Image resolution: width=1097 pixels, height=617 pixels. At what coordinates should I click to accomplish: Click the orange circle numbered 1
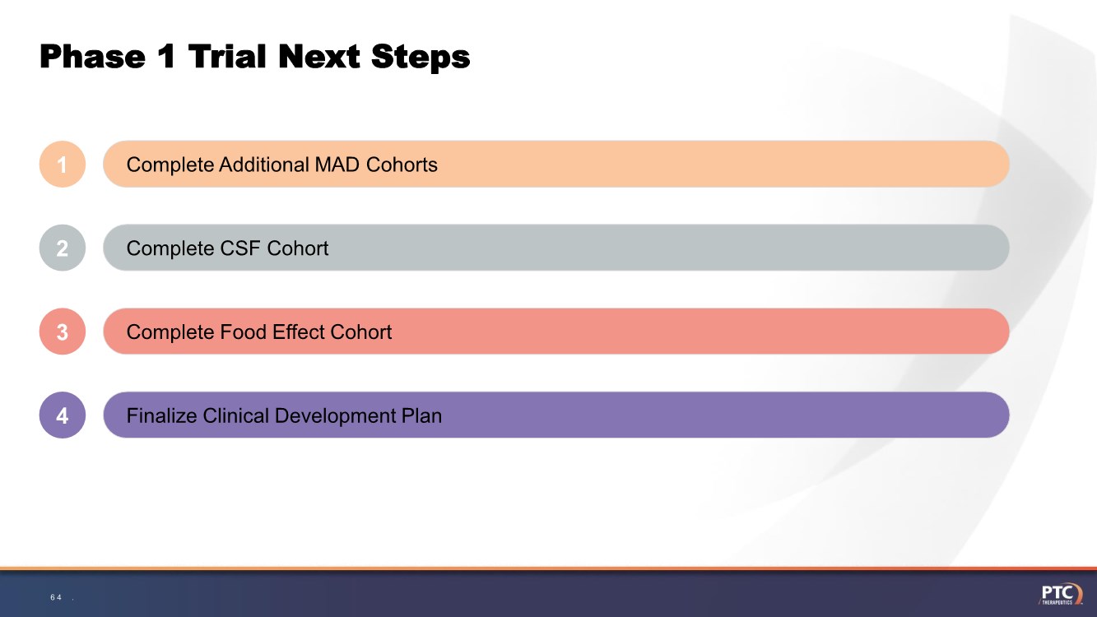click(x=63, y=164)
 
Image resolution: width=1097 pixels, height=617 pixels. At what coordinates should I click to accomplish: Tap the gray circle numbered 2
click(x=63, y=248)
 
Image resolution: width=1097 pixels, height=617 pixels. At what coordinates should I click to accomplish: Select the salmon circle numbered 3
click(x=63, y=332)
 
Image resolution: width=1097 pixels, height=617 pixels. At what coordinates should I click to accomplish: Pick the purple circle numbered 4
click(x=63, y=415)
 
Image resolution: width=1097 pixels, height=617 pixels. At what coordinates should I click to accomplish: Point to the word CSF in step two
click(x=240, y=248)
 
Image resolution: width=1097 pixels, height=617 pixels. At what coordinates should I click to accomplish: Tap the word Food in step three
click(x=244, y=332)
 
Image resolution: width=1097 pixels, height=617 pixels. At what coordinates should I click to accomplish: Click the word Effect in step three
click(x=299, y=332)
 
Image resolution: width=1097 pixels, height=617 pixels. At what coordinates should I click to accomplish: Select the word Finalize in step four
click(x=161, y=415)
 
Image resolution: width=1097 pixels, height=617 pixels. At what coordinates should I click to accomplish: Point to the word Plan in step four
click(x=421, y=415)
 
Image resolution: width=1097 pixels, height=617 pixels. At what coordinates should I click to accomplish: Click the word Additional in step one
click(x=264, y=165)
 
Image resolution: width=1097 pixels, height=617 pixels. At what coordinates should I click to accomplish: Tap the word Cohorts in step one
click(x=402, y=165)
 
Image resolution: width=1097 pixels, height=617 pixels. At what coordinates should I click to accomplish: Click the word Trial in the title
click(x=227, y=56)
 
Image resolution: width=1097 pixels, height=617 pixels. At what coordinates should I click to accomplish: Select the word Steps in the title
click(x=421, y=58)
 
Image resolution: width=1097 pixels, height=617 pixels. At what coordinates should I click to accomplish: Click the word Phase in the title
click(x=92, y=56)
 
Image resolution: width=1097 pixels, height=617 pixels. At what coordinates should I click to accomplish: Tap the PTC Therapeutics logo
click(x=1060, y=594)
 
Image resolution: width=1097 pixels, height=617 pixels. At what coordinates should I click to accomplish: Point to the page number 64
click(x=56, y=597)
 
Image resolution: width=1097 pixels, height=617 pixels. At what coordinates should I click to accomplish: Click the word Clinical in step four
click(x=236, y=415)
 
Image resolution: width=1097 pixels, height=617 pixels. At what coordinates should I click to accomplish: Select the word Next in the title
click(x=318, y=56)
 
